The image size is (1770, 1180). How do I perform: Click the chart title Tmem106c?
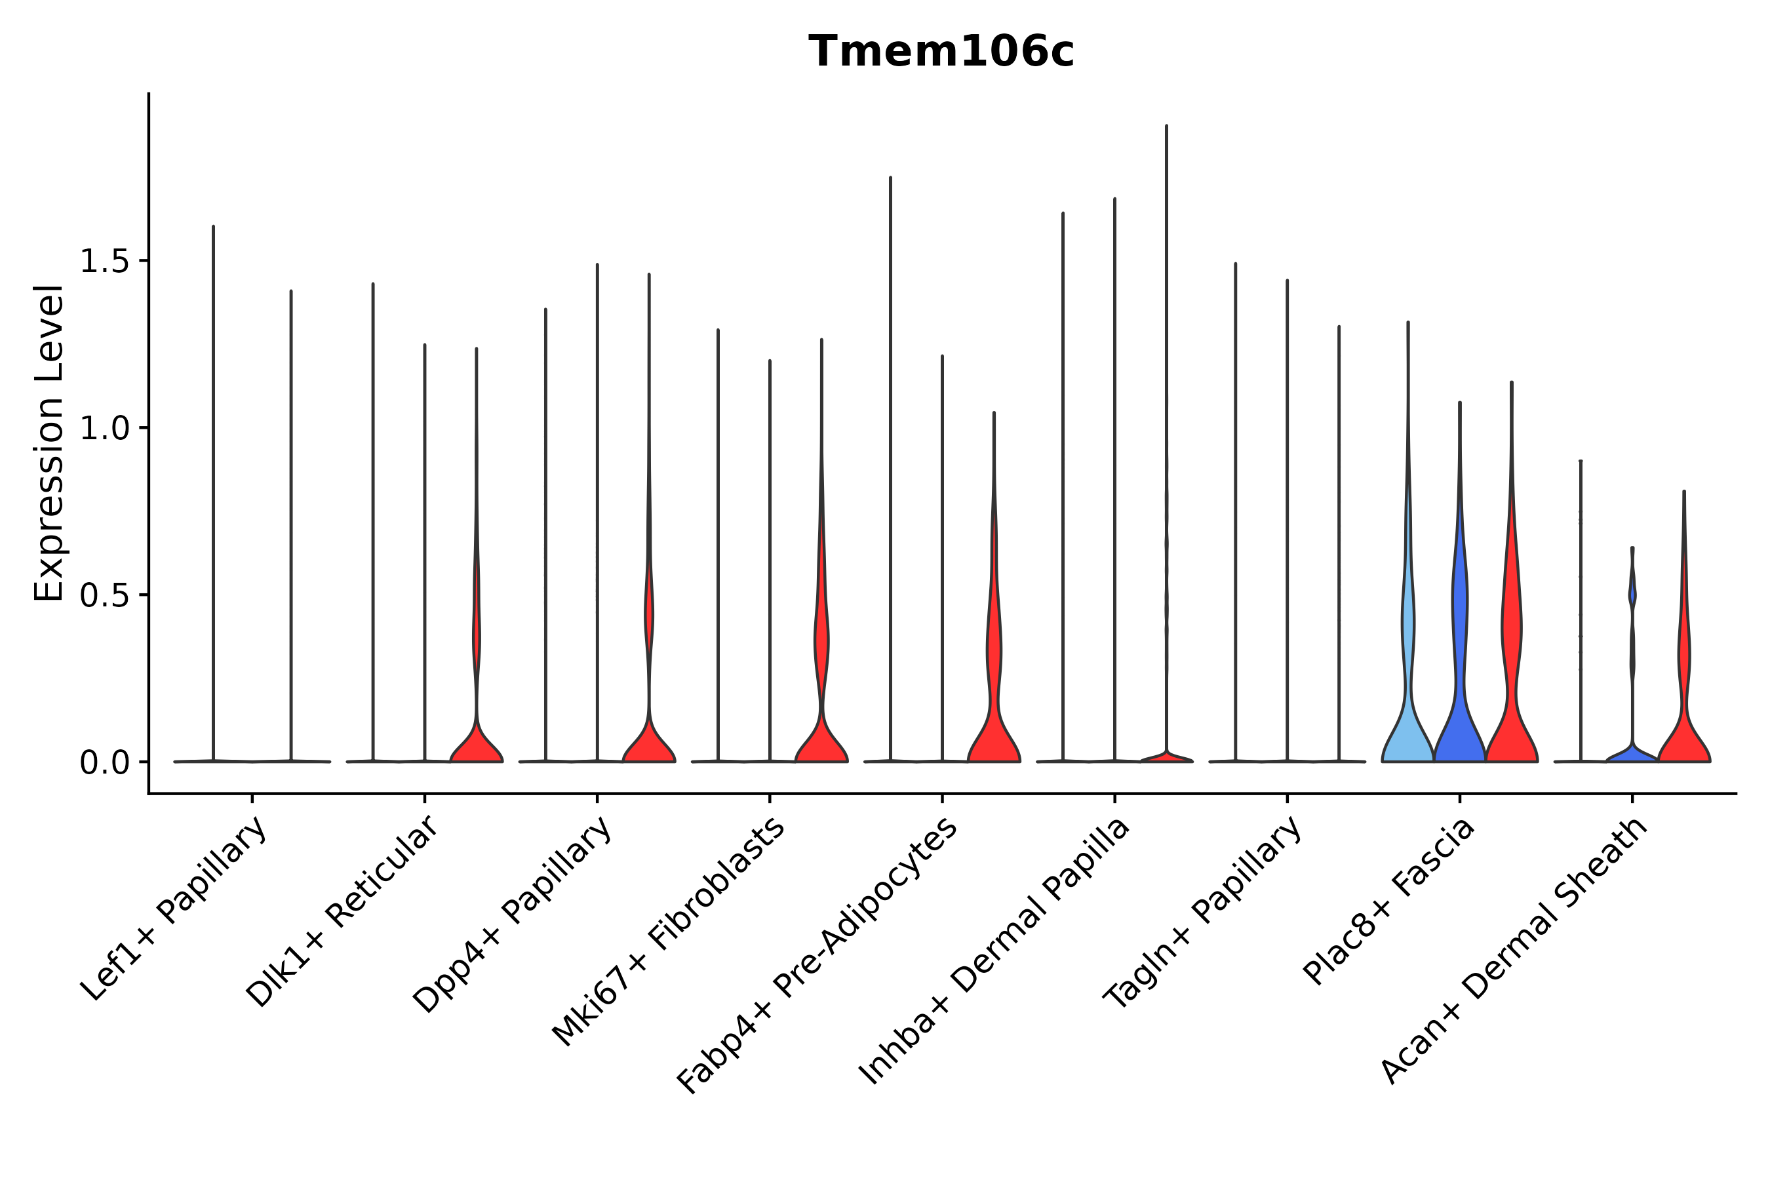(x=941, y=52)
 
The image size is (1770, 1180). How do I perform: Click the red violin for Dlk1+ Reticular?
(x=477, y=741)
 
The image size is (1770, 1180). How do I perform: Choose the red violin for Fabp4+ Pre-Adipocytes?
(x=993, y=722)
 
